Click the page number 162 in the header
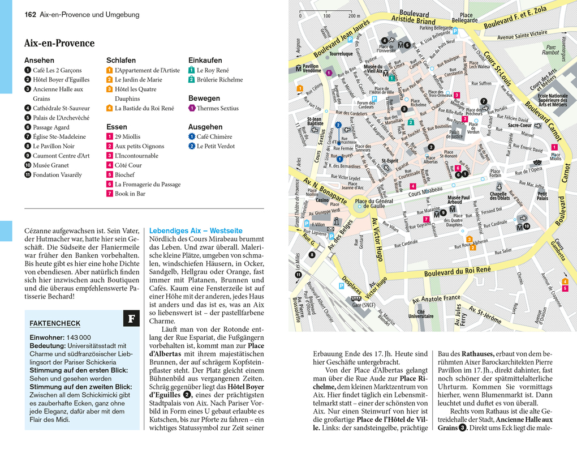(31, 14)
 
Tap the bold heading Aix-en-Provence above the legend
(59, 44)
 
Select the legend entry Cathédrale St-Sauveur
(61, 108)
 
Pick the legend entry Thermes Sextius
(218, 108)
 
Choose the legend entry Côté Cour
(128, 165)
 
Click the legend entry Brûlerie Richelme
(219, 80)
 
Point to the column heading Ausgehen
(205, 127)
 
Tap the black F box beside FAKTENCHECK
(131, 319)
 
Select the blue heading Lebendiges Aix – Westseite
(195, 230)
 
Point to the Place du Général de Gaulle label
(373, 203)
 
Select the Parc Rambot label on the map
(550, 50)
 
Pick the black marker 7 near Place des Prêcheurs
(484, 101)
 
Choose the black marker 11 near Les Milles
(298, 275)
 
